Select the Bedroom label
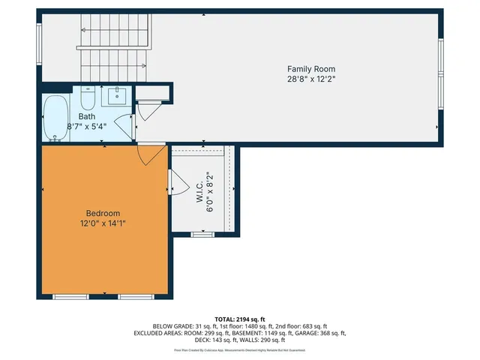(103, 213)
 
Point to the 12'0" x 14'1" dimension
(103, 223)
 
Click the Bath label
(86, 116)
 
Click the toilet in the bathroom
(87, 98)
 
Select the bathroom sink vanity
(118, 96)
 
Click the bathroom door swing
(125, 124)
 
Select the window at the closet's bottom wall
(202, 235)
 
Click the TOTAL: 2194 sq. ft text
(240, 319)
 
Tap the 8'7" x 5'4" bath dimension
(86, 126)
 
